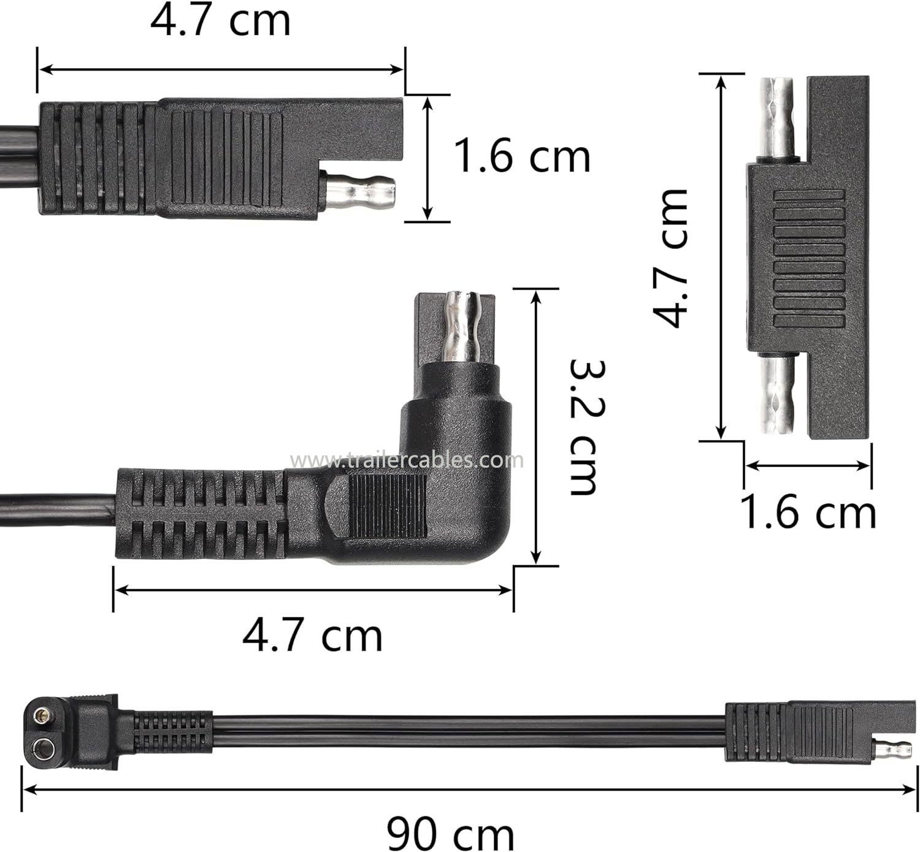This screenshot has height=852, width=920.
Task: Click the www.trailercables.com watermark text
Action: point(407,460)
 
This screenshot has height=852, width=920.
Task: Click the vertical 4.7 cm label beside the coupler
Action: point(670,258)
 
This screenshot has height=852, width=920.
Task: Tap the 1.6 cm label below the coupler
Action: point(808,512)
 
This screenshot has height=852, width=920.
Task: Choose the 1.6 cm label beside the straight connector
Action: point(522,156)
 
